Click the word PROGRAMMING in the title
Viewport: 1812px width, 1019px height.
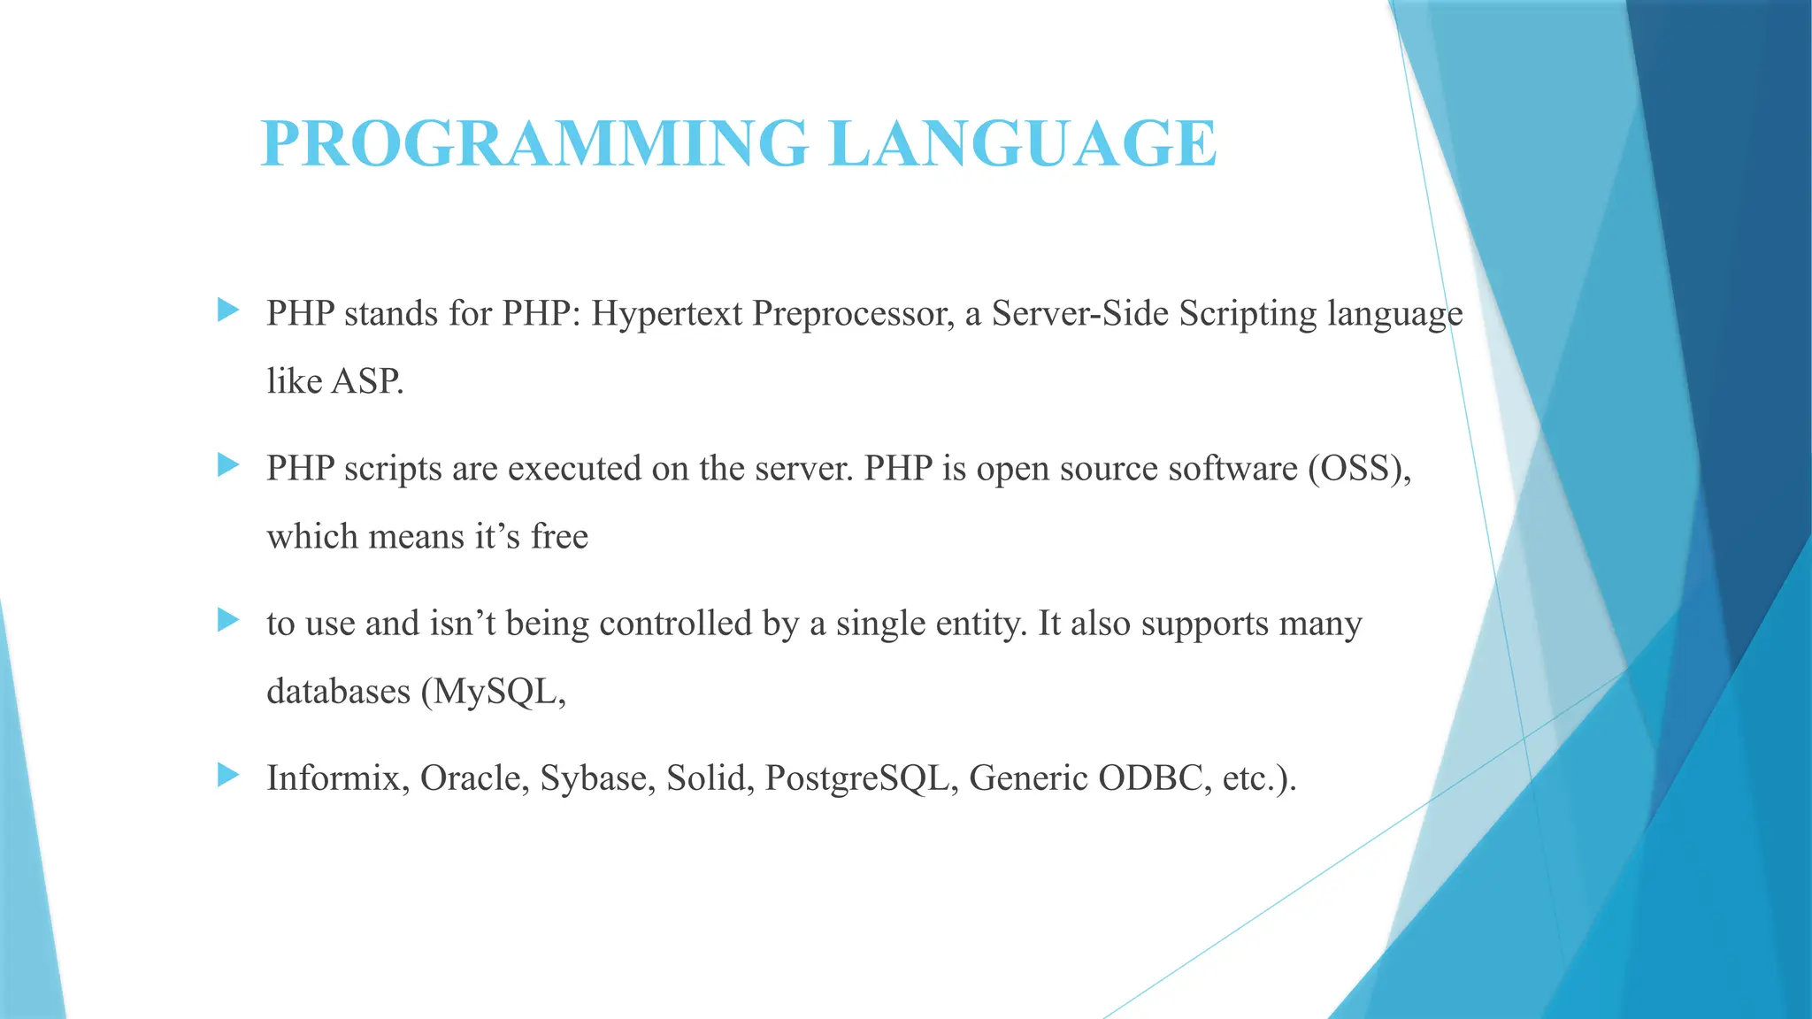pyautogui.click(x=534, y=143)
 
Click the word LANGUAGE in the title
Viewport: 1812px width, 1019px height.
pyautogui.click(x=1023, y=143)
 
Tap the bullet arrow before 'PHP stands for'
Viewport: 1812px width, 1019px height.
pyautogui.click(x=228, y=310)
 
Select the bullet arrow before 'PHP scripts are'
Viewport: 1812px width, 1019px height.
pyautogui.click(x=228, y=464)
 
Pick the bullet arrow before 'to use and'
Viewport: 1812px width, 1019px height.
pyautogui.click(x=228, y=619)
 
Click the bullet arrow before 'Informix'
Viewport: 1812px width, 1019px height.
pyautogui.click(x=228, y=775)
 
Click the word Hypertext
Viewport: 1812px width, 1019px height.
pyautogui.click(x=666, y=314)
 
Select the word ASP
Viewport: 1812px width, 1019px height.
pyautogui.click(x=367, y=382)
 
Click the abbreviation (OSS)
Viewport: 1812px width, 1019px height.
pyautogui.click(x=1359, y=469)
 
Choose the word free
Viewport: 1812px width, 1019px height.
pyautogui.click(x=559, y=536)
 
